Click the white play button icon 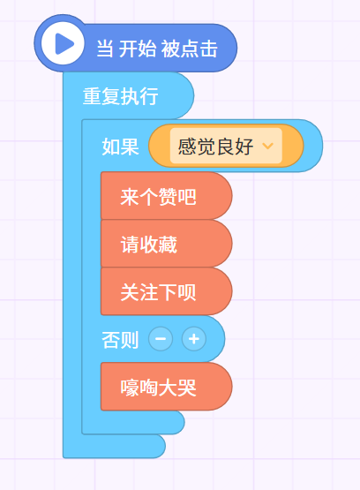[63, 43]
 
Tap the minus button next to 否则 [161, 339]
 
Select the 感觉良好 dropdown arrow [268, 146]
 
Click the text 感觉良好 [215, 147]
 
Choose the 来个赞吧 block [167, 196]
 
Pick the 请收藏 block [167, 244]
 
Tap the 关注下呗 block [167, 291]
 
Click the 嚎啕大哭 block [167, 387]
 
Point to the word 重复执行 [120, 96]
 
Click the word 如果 [121, 147]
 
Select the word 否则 [120, 340]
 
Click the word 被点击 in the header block [189, 49]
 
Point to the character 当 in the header [105, 49]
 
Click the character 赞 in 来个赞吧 [168, 197]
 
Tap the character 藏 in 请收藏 [168, 245]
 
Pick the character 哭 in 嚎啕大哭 [187, 388]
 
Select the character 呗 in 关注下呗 [187, 292]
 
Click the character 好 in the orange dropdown [244, 147]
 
